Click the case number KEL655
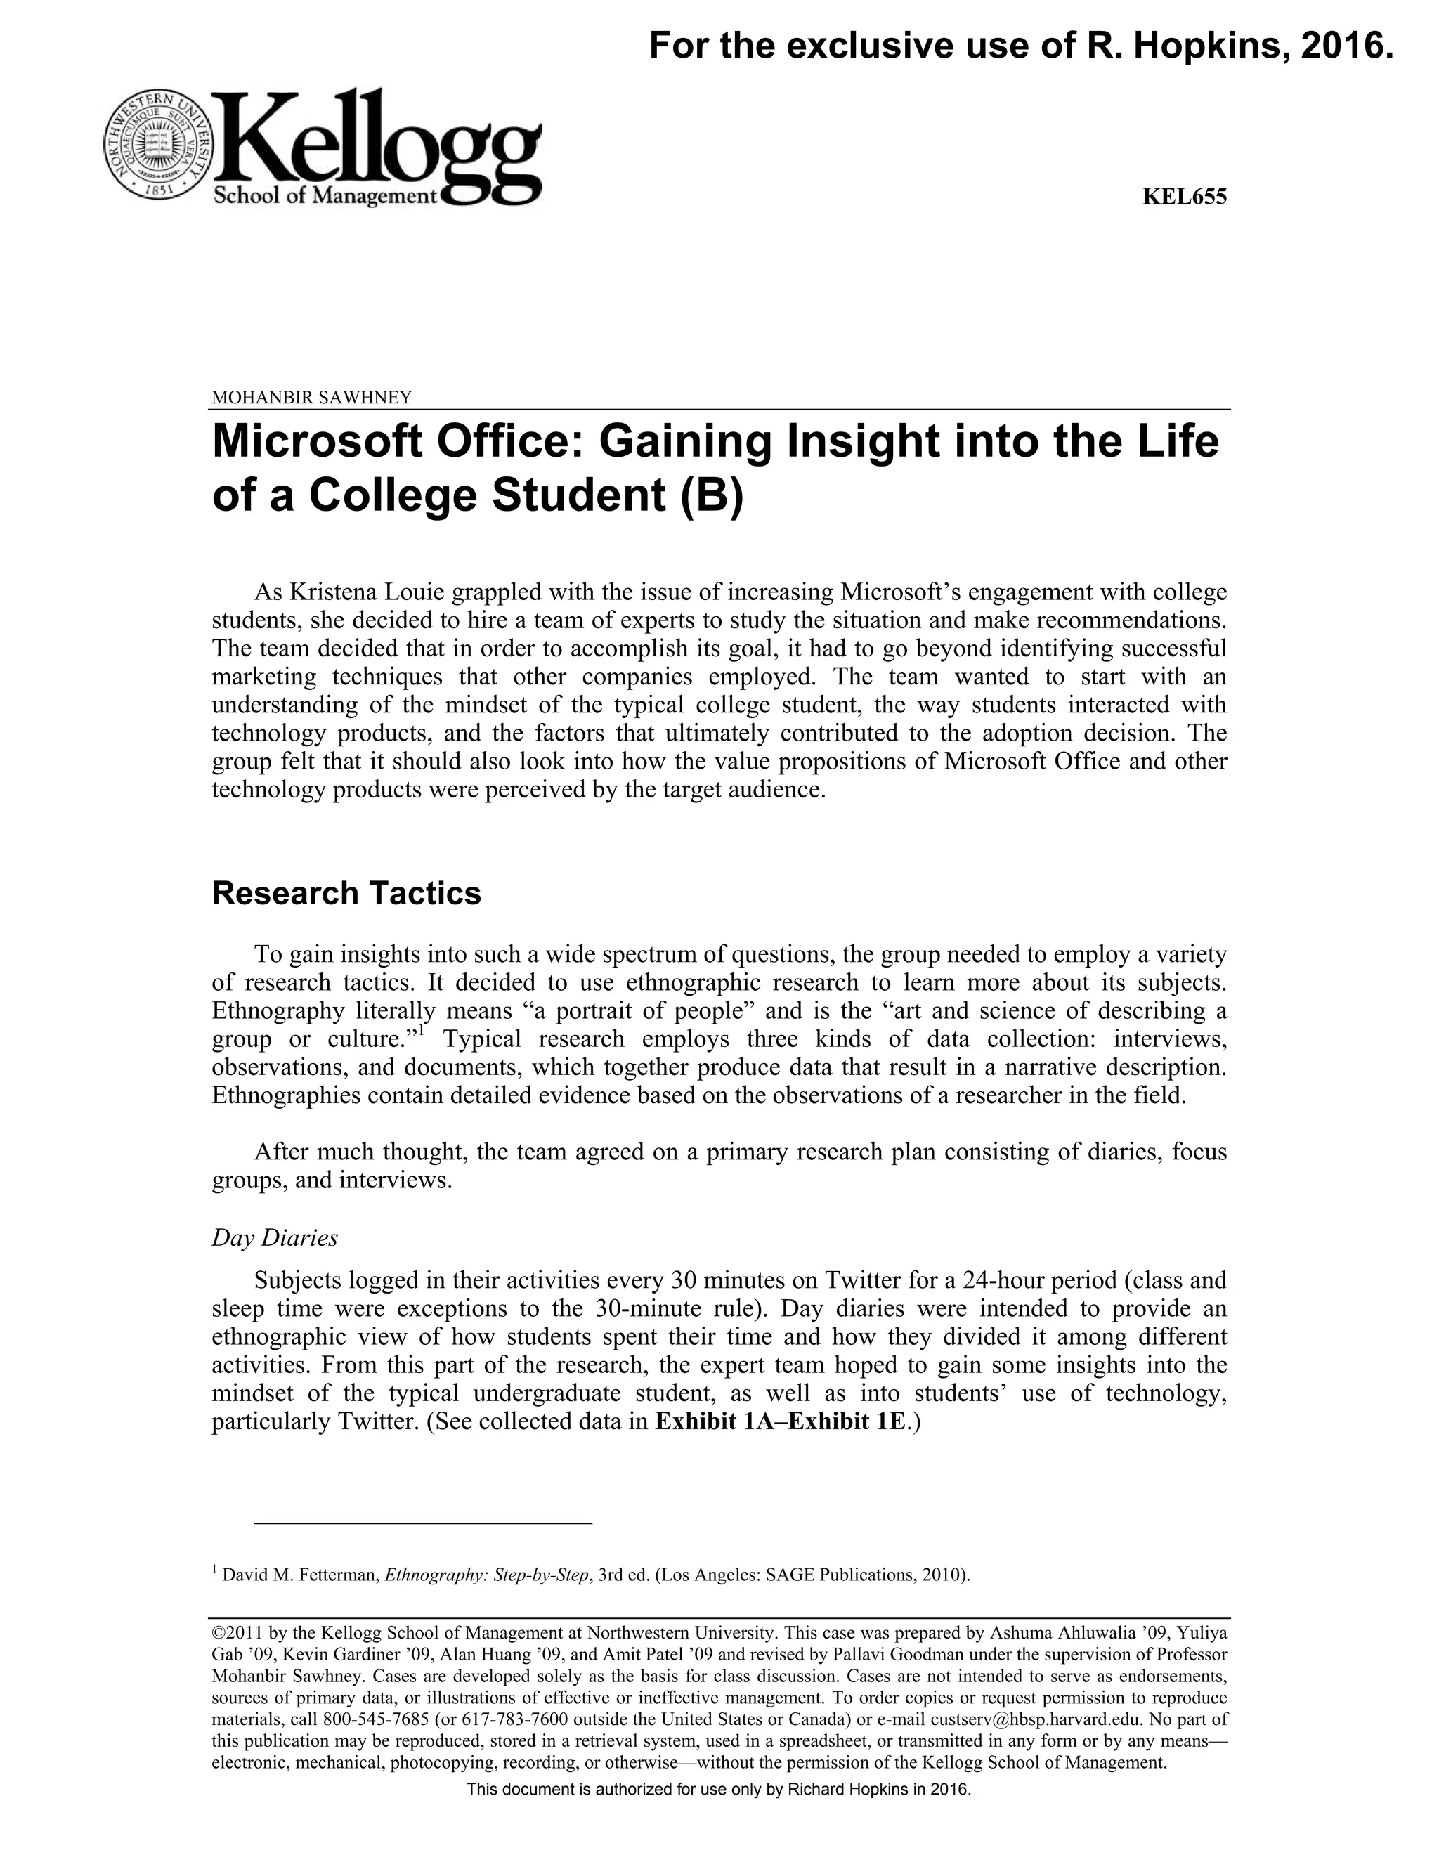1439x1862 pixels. [1184, 197]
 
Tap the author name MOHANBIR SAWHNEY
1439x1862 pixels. [311, 397]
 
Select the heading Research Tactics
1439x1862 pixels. [346, 894]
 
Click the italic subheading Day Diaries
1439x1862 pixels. [275, 1238]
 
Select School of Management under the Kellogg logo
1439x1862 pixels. [324, 196]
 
